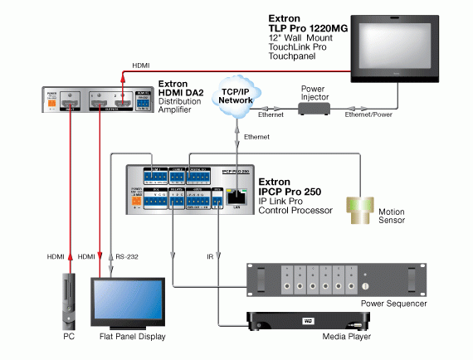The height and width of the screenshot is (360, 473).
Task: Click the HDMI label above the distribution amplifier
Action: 142,66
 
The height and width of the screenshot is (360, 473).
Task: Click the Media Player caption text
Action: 345,338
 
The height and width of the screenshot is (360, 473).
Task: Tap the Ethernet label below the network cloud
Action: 256,134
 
